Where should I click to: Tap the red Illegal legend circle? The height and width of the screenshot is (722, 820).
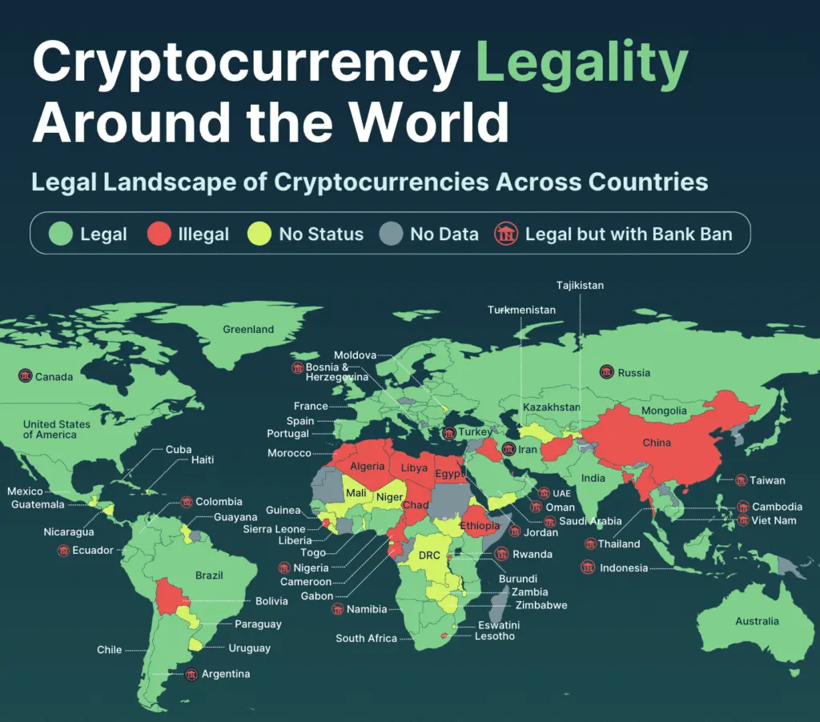[x=159, y=234]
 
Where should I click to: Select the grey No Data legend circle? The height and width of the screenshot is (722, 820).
[x=391, y=234]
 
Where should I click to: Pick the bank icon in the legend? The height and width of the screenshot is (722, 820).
[x=506, y=234]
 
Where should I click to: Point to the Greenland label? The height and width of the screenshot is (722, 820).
[x=248, y=329]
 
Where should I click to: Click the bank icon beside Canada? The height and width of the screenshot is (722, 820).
[x=25, y=376]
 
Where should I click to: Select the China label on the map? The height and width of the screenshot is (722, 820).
[x=657, y=443]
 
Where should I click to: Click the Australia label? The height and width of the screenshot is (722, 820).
[x=757, y=621]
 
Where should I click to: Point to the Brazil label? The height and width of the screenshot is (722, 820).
[x=209, y=575]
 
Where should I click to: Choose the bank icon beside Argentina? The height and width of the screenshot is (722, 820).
[x=191, y=674]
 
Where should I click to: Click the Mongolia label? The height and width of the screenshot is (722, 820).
[x=664, y=411]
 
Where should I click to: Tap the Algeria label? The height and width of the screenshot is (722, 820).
[x=368, y=466]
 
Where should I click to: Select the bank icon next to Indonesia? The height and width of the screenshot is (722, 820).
[x=588, y=568]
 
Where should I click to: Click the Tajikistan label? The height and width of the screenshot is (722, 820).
[x=581, y=286]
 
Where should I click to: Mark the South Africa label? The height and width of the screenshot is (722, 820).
[x=366, y=638]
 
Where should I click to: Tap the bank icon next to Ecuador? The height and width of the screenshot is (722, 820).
[x=62, y=551]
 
